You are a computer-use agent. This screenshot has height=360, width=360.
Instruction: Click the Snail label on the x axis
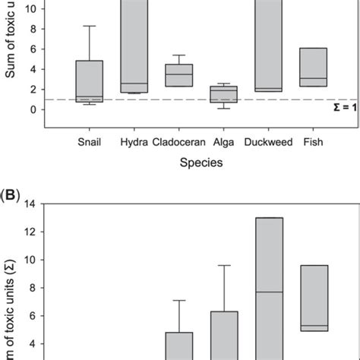click(x=90, y=141)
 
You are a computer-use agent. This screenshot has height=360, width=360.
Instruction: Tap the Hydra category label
click(x=134, y=141)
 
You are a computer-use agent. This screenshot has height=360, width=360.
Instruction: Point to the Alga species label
click(x=223, y=141)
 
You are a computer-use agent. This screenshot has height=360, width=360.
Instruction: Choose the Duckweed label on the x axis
click(x=269, y=141)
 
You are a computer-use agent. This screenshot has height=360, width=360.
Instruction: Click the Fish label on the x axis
click(x=313, y=141)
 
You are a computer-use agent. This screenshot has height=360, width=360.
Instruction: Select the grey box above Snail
click(x=90, y=81)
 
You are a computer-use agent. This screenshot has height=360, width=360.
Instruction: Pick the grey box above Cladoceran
click(x=179, y=75)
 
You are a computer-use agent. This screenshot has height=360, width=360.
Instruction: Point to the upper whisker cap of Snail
click(x=90, y=27)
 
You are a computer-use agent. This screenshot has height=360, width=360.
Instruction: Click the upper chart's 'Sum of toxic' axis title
click(x=13, y=53)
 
